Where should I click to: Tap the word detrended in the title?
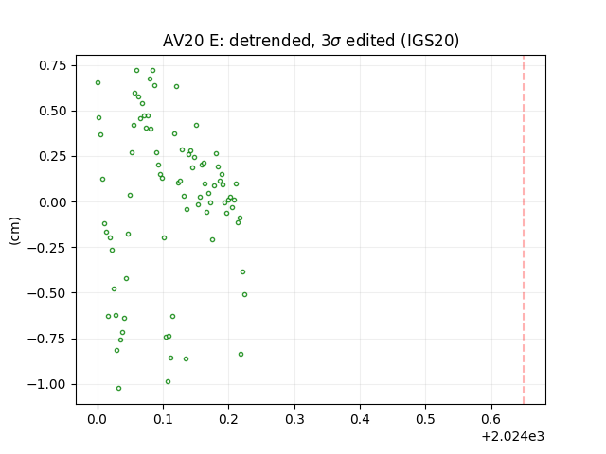[x=270, y=41]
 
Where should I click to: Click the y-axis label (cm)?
[x=14, y=231]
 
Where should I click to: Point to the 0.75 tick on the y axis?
[x=53, y=65]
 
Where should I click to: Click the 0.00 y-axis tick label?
[x=53, y=202]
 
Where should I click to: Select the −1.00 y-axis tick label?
[x=47, y=385]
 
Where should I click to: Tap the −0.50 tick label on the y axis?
[x=47, y=293]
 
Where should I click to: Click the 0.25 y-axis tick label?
[x=53, y=157]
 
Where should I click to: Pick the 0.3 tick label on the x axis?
[x=294, y=419]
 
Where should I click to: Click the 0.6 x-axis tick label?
[x=491, y=419]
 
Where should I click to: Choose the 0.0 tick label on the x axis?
[x=98, y=419]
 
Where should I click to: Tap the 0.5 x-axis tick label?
[x=426, y=419]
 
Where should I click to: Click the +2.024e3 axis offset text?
[x=513, y=437]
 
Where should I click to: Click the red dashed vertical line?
[x=524, y=230]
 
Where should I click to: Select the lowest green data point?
[x=118, y=388]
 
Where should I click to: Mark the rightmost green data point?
[x=244, y=294]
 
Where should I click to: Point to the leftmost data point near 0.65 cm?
[x=98, y=82]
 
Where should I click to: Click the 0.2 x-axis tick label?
[x=229, y=419]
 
